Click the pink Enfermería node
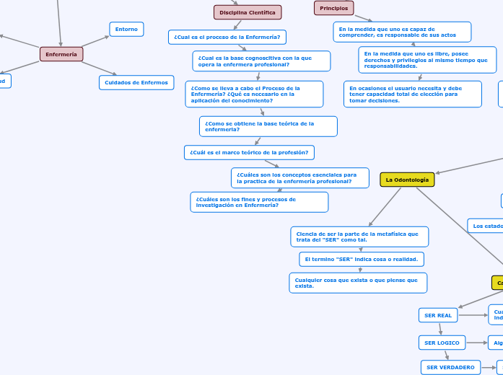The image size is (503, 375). click(61, 54)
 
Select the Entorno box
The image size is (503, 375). click(126, 29)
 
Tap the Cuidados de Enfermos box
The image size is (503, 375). click(136, 82)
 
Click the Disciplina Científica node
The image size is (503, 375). click(248, 12)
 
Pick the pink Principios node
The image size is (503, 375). click(333, 8)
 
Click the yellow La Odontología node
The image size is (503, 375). click(407, 180)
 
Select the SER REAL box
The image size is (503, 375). click(438, 315)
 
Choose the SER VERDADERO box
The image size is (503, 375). click(450, 367)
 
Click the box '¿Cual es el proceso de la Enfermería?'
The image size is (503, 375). click(227, 37)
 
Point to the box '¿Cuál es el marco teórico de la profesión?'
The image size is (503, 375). click(249, 152)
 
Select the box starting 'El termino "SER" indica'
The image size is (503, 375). click(361, 259)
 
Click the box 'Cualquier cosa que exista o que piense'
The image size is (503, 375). click(357, 283)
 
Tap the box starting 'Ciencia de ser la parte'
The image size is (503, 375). click(359, 237)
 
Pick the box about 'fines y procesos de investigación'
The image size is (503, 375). click(259, 202)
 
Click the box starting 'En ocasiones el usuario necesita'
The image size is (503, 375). click(412, 94)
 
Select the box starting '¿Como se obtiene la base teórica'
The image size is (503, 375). click(268, 126)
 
